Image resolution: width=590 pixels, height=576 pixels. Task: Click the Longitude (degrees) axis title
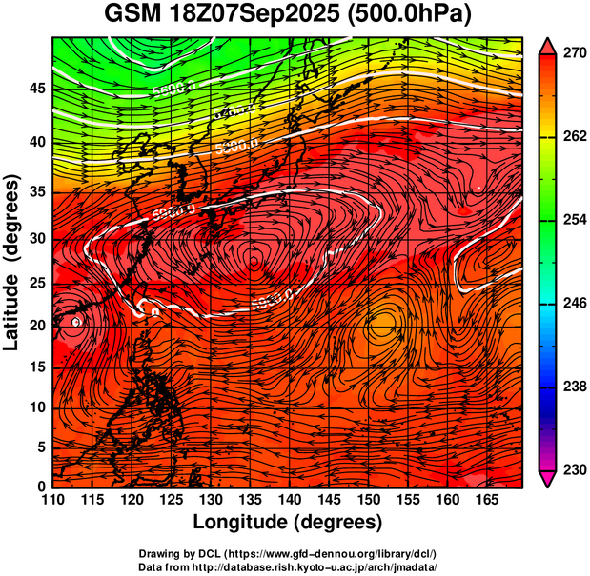pos(287,522)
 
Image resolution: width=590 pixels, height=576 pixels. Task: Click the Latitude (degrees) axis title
pos(13,262)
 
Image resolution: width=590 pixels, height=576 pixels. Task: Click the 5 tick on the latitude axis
pos(39,447)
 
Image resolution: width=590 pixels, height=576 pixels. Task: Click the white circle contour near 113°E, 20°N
pos(77,322)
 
